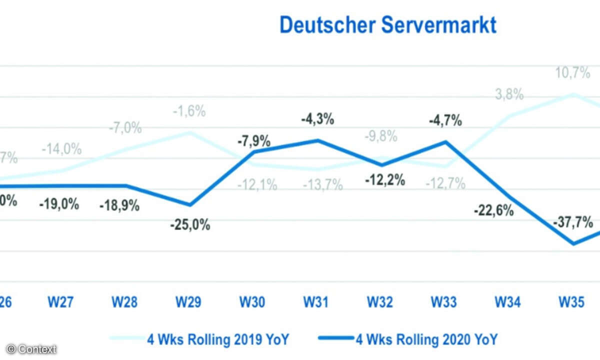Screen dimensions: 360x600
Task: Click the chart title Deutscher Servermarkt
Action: [x=388, y=24]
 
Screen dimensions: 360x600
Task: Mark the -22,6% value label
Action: [x=494, y=210]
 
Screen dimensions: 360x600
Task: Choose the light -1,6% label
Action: [x=189, y=111]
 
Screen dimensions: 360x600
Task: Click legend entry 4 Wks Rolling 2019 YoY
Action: [x=218, y=340]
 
